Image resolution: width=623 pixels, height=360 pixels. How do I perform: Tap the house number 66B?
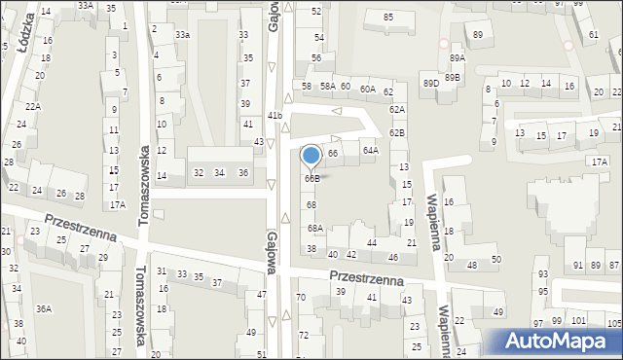[311, 178]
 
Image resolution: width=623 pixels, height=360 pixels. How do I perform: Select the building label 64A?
[370, 151]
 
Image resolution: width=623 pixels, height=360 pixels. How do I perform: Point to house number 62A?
[397, 110]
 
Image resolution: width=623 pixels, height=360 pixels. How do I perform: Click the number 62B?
[397, 132]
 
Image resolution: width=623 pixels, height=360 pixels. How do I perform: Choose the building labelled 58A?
[328, 87]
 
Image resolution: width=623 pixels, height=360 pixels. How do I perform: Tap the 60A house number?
[367, 89]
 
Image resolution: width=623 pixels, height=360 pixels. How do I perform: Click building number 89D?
[430, 84]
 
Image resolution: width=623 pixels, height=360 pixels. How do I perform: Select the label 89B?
[453, 77]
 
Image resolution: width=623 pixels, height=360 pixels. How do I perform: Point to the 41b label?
[275, 116]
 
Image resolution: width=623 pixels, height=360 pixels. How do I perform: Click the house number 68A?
[315, 228]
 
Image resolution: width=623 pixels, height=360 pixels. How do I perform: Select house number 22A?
[33, 107]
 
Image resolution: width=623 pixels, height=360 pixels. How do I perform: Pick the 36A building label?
[44, 309]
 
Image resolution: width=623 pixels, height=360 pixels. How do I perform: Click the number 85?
[388, 18]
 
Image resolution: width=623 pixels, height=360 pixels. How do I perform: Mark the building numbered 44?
[371, 242]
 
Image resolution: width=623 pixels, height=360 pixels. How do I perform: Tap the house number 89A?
[458, 58]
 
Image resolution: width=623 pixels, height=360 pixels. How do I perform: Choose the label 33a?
[182, 35]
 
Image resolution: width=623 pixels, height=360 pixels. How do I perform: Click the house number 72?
[304, 335]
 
